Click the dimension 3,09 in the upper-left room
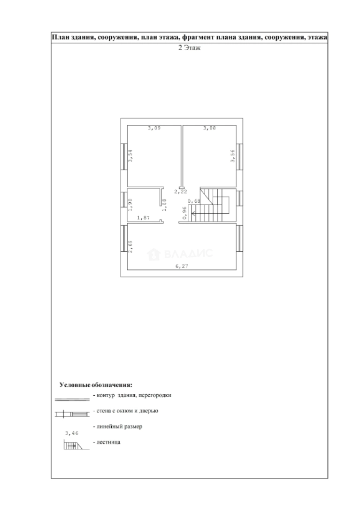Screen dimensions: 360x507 click(154, 128)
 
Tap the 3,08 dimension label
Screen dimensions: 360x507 click(209, 128)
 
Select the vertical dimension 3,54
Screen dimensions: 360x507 click(130, 155)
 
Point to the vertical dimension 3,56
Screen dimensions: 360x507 click(233, 155)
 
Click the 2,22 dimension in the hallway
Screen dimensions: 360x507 click(181, 192)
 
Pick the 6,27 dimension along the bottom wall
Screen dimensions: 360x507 click(182, 267)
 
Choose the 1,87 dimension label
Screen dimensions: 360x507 click(144, 218)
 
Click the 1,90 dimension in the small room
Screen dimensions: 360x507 click(130, 204)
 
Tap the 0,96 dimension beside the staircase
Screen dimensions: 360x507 click(184, 213)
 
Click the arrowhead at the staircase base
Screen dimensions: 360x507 click(192, 213)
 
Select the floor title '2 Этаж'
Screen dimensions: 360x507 click(189, 48)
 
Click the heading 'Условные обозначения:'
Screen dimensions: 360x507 click(96, 385)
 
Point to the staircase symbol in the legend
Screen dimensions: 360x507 click(76, 446)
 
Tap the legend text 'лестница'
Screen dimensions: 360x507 click(108, 442)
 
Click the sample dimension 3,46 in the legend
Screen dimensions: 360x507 click(72, 433)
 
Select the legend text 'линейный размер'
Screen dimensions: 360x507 click(119, 426)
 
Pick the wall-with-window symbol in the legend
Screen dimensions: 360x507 click(72, 414)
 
